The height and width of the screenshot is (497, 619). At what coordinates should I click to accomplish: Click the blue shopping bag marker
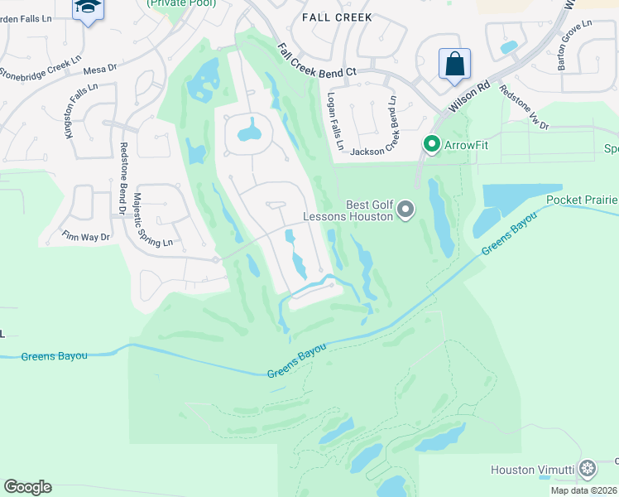[x=454, y=65]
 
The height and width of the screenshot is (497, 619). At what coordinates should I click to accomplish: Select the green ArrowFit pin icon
[x=431, y=144]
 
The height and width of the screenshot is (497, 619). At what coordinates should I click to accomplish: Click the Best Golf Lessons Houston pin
[x=405, y=210]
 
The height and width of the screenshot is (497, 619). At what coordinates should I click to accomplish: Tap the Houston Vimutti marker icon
[x=588, y=470]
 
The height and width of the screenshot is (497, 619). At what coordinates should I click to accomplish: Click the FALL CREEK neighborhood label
[x=337, y=17]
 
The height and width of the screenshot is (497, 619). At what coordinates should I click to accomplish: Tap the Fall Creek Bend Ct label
[x=317, y=60]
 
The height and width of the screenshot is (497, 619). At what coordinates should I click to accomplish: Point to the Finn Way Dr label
[x=85, y=236]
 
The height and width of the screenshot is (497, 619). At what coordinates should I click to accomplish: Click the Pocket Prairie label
[x=582, y=200]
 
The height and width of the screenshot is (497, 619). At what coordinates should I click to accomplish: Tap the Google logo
[x=27, y=487]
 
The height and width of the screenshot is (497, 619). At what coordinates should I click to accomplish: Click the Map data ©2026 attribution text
[x=583, y=490]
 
